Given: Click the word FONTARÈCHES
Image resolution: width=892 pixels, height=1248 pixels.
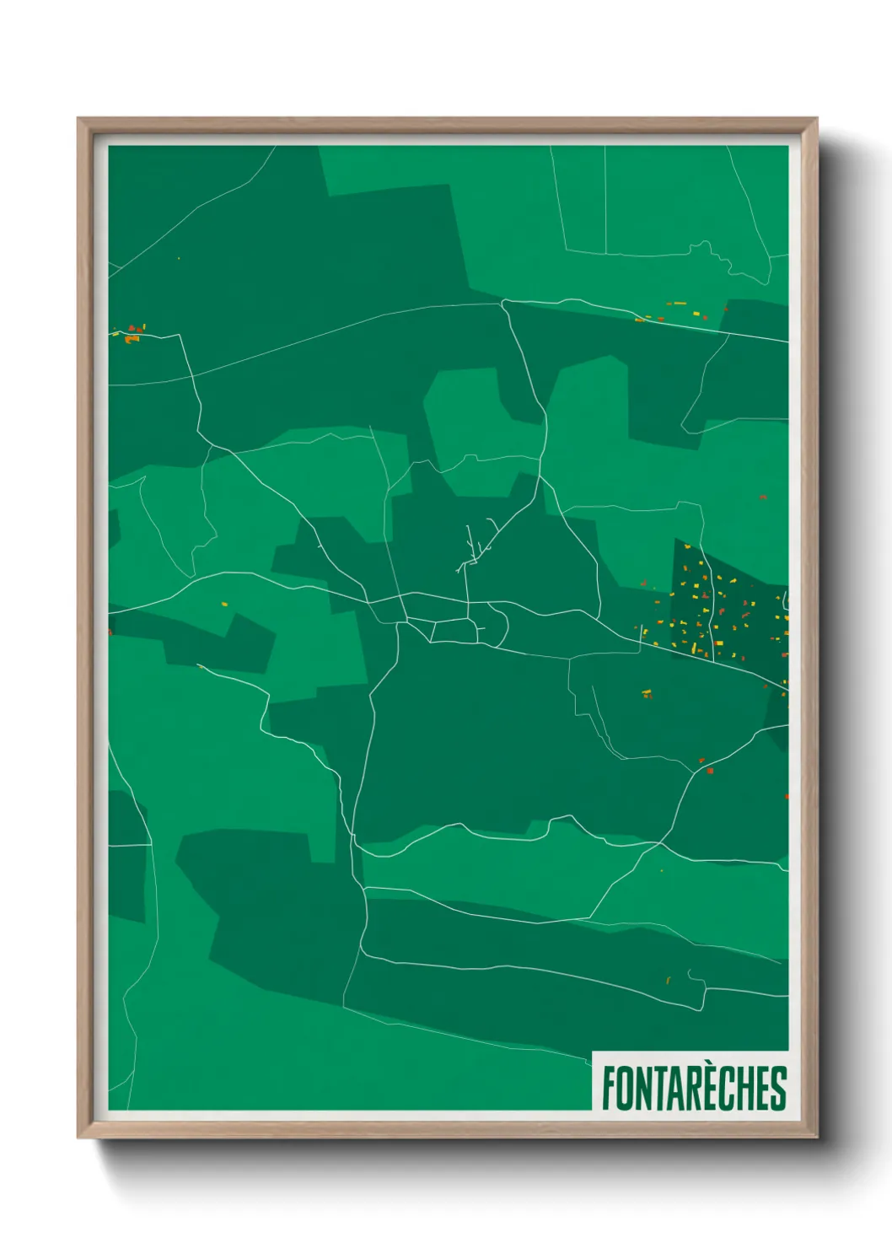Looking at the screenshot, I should point(693,1087).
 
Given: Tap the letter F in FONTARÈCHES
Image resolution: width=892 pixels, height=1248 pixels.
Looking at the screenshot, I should point(608,1088).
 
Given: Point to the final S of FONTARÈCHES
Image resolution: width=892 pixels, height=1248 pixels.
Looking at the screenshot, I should point(778,1088).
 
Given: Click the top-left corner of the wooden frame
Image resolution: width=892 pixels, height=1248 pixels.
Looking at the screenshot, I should point(79,120).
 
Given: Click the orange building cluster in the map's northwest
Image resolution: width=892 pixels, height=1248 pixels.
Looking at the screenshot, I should point(133,336).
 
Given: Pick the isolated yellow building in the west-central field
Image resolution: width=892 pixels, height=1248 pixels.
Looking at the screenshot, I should point(223,604).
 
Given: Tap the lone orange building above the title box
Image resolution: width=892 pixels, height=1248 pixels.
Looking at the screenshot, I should point(668,980).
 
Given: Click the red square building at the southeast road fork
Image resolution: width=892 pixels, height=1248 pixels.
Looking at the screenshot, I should point(710,771).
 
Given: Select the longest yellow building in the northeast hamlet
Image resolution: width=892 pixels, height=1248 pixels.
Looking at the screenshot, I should point(677,303).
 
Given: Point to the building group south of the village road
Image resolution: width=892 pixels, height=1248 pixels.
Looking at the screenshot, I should point(647,694).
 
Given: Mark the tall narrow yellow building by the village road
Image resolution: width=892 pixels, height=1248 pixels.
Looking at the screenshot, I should point(694,648).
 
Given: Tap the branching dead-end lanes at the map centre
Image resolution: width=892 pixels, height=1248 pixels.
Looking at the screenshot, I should point(472,552).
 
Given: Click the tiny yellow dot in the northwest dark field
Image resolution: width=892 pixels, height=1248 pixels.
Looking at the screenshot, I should point(178,258).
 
